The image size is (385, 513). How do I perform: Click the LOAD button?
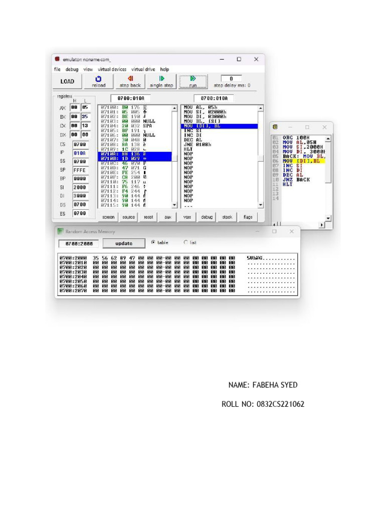(67, 81)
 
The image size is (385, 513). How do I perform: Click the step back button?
(130, 81)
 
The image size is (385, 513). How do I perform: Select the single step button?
(161, 81)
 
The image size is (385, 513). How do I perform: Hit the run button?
(193, 81)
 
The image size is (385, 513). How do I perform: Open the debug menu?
(72, 69)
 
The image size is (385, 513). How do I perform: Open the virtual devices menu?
(112, 69)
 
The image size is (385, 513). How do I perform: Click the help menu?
(164, 69)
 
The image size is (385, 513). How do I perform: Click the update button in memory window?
(124, 243)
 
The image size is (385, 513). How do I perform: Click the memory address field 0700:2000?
(79, 243)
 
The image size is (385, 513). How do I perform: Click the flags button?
(248, 217)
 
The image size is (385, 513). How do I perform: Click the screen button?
(108, 217)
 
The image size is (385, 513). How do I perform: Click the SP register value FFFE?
(80, 170)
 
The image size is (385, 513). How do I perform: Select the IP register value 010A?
(80, 153)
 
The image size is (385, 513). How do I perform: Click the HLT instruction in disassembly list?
(188, 149)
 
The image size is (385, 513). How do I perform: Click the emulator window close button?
(256, 59)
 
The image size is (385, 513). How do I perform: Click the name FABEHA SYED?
(263, 385)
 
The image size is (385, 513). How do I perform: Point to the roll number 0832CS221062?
(263, 404)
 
